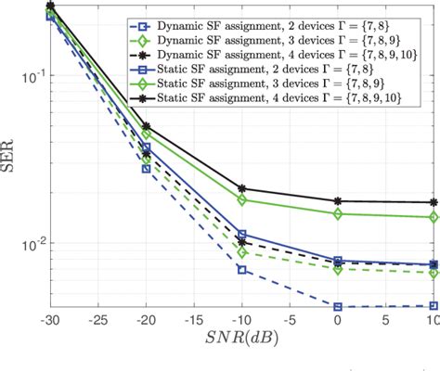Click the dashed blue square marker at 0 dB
tap(338, 306)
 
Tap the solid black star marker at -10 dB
tap(242, 188)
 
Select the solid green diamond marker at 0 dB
tap(338, 213)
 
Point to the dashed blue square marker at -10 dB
tap(242, 270)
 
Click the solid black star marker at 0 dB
tap(338, 201)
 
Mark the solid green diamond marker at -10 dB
tap(242, 199)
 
